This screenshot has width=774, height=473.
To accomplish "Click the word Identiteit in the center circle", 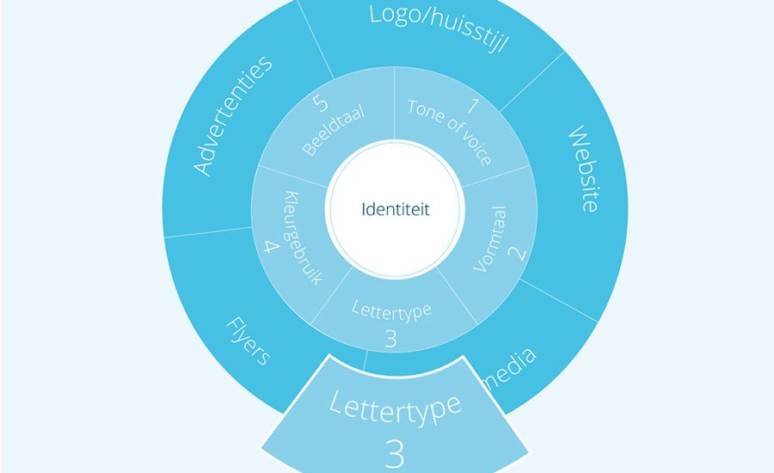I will point(396,210).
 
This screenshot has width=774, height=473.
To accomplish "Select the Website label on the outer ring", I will point(582,170).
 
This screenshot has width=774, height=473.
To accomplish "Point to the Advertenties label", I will point(232,115).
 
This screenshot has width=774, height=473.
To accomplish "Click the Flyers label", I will point(248,341).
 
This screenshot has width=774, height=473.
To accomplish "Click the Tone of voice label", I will point(449,133).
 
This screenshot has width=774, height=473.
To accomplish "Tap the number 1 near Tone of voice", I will point(471,107).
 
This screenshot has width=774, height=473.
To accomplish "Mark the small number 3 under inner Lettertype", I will point(391,339).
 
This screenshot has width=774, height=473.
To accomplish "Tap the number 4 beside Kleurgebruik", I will point(271,249).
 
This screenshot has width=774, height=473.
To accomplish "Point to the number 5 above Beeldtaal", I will point(321,104).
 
